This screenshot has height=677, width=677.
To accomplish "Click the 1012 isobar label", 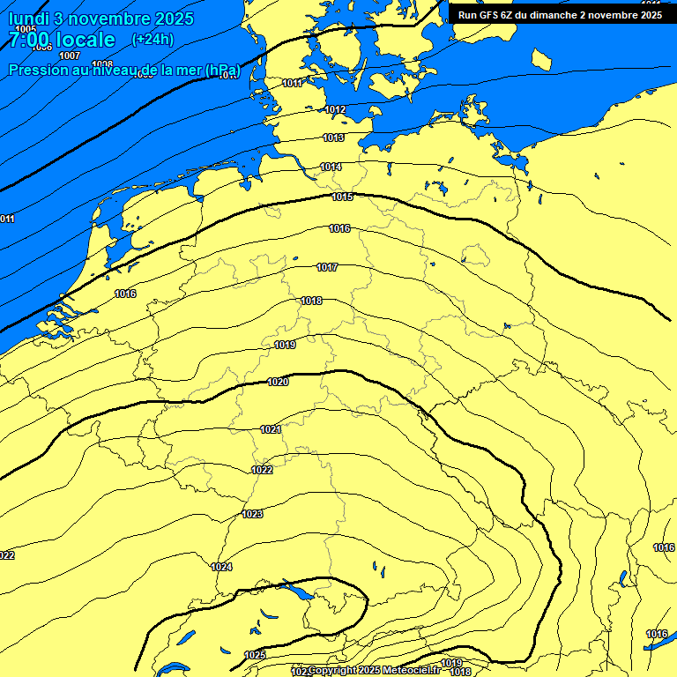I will click(x=335, y=109).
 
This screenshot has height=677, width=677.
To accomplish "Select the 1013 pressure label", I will click(x=333, y=138).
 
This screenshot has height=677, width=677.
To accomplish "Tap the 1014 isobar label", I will click(x=331, y=167).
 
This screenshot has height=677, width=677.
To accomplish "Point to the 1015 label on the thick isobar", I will click(x=342, y=197).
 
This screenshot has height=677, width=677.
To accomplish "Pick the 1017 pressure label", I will click(x=327, y=267).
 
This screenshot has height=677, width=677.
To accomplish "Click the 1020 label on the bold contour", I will click(x=278, y=382).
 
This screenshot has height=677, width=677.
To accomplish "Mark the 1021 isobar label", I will click(x=271, y=429).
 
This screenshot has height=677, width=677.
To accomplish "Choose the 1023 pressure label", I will click(x=252, y=514).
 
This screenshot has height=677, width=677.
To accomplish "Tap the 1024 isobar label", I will click(x=221, y=567).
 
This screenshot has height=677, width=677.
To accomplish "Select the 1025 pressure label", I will click(x=255, y=655).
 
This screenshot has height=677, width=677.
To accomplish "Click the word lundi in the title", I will click(x=32, y=19).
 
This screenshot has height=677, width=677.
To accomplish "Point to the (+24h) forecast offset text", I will click(x=153, y=39).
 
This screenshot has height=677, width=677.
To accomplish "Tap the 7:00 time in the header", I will click(x=29, y=40).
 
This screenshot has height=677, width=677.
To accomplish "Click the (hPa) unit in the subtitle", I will click(x=220, y=70).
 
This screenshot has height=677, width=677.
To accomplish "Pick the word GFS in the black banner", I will click(x=488, y=15).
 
